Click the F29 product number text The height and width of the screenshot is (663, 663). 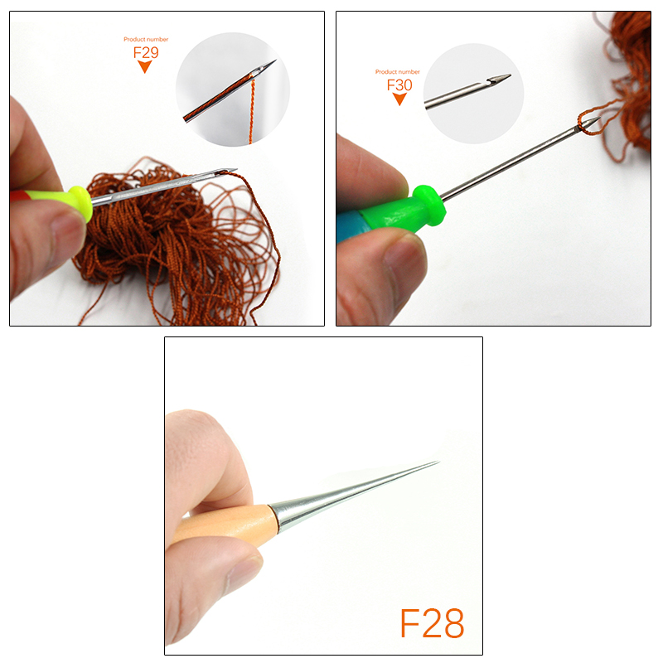click(x=145, y=51)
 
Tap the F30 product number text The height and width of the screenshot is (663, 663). click(x=399, y=85)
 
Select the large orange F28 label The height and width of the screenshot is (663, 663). click(x=432, y=624)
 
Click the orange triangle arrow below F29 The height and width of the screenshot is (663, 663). click(x=145, y=67)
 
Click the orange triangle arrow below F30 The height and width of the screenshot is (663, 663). click(x=399, y=99)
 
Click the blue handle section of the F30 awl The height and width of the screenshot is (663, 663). click(x=352, y=226)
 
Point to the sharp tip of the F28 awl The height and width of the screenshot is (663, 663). click(x=437, y=462)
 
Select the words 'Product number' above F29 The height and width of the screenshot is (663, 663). click(x=145, y=39)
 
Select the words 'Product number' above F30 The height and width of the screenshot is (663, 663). click(x=398, y=72)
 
